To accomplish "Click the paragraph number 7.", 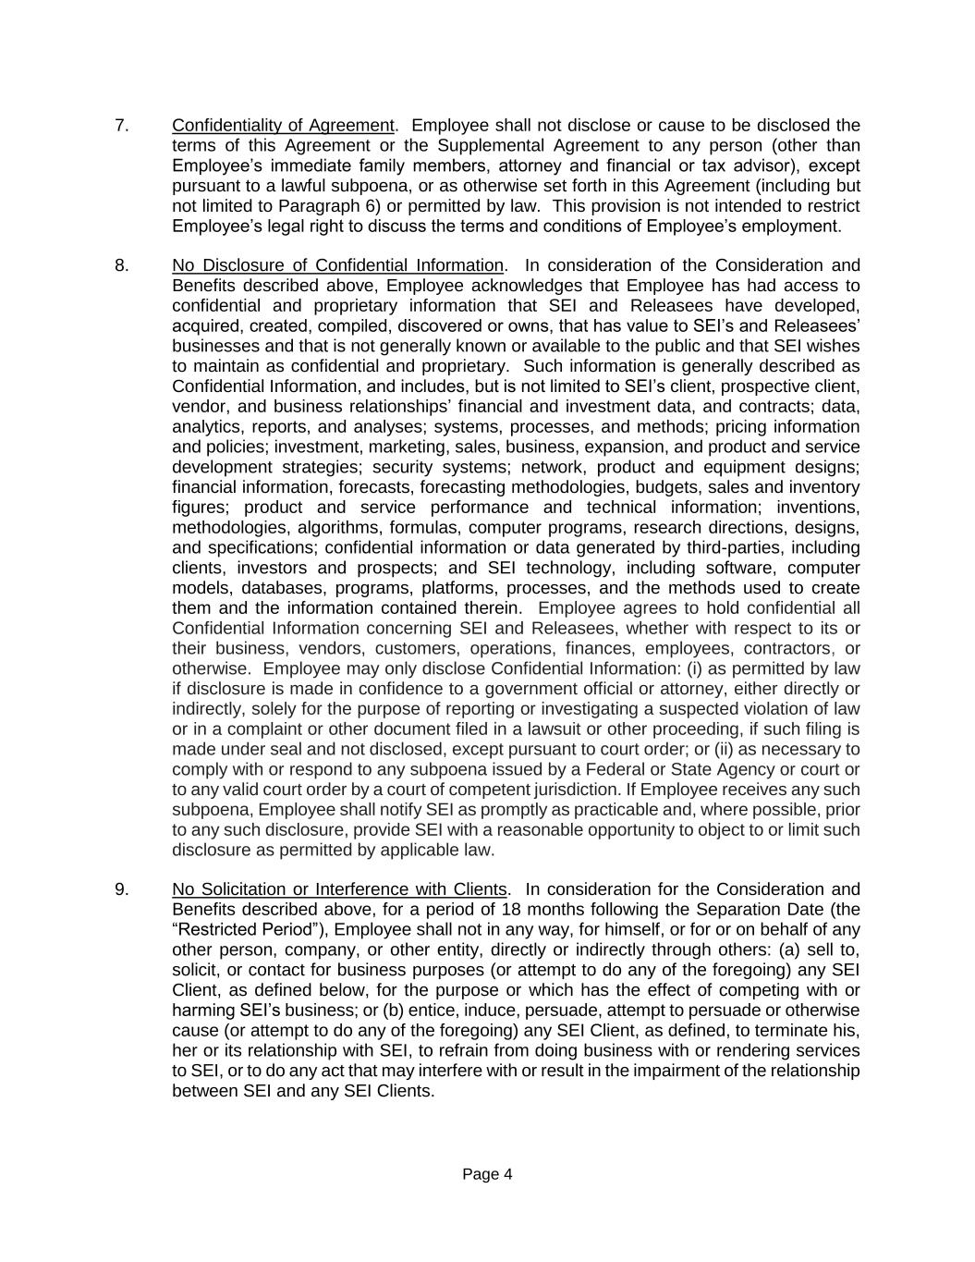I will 121,126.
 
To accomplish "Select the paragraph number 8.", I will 121,266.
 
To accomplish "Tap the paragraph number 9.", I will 121,890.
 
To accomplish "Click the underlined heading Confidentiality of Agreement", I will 283,126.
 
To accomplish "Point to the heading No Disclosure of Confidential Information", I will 337,266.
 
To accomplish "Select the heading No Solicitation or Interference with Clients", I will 339,890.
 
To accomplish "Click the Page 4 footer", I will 487,1175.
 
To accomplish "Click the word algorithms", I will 338,528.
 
